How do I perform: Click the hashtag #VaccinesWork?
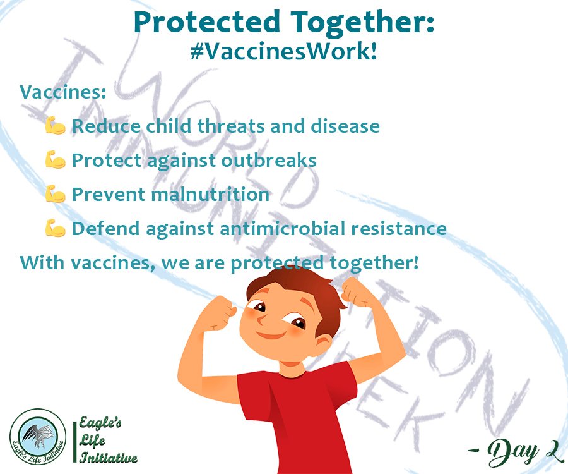click(283, 51)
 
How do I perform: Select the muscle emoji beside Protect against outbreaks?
click(56, 159)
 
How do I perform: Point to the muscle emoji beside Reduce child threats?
click(56, 126)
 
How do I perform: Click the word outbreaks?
click(269, 160)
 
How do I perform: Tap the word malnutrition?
click(210, 194)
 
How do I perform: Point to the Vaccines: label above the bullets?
click(63, 92)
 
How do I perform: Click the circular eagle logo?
click(38, 437)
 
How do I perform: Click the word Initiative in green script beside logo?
click(109, 458)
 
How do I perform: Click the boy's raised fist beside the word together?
click(357, 292)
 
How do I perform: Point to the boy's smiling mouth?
click(271, 334)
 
